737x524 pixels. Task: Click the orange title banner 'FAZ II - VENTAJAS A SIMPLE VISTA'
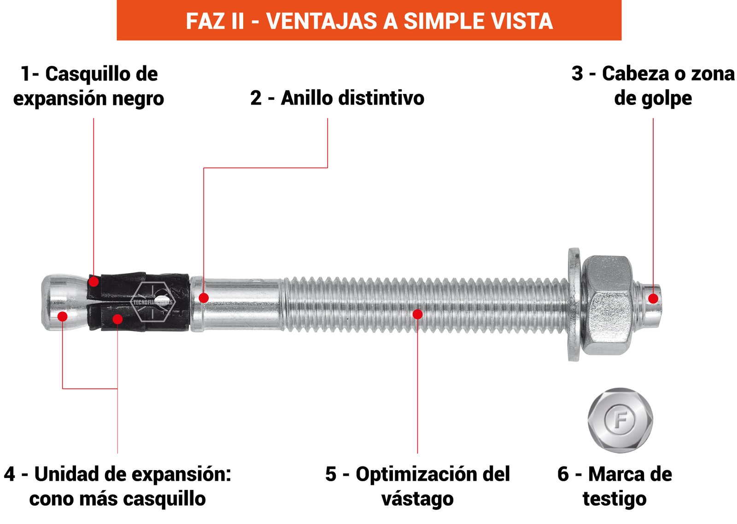pyautogui.click(x=369, y=20)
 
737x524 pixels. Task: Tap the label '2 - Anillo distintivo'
pyautogui.click(x=337, y=98)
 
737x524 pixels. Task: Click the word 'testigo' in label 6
pyautogui.click(x=614, y=499)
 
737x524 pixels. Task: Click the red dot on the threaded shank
pyautogui.click(x=417, y=314)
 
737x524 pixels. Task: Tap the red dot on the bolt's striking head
pyautogui.click(x=653, y=299)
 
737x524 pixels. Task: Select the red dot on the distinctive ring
pyautogui.click(x=204, y=298)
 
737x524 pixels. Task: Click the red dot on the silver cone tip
pyautogui.click(x=63, y=316)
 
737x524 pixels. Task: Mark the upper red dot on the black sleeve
pyautogui.click(x=94, y=282)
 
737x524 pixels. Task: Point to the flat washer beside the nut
pyautogui.click(x=574, y=305)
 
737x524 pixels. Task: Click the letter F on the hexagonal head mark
pyautogui.click(x=620, y=420)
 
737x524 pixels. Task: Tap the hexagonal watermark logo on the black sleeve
pyautogui.click(x=153, y=302)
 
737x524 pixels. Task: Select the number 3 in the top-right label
pyautogui.click(x=578, y=73)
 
